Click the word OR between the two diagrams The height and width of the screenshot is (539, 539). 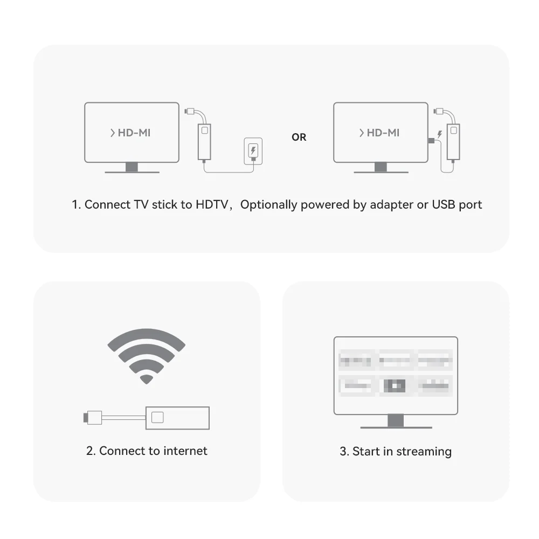(299, 137)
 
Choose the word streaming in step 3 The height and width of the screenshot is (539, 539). (424, 451)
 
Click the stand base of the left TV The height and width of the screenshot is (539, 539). (132, 171)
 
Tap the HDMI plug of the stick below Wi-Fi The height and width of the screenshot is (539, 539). (93, 417)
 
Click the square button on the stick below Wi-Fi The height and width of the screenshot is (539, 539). (158, 417)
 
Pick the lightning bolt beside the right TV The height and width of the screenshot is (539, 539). (440, 134)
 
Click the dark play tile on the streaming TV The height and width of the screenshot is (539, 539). (394, 385)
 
